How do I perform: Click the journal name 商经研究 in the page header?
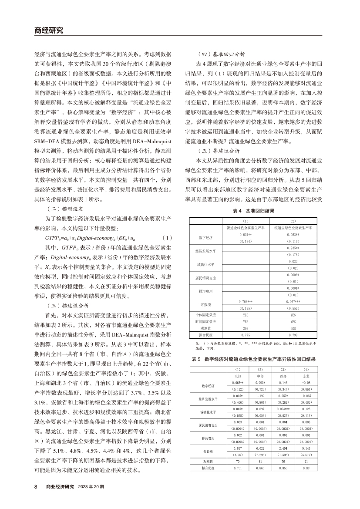(48, 30)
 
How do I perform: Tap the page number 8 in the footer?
(36, 486)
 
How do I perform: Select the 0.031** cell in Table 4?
(246, 235)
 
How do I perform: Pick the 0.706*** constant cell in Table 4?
(246, 301)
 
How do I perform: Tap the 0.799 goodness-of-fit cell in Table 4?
(293, 334)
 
